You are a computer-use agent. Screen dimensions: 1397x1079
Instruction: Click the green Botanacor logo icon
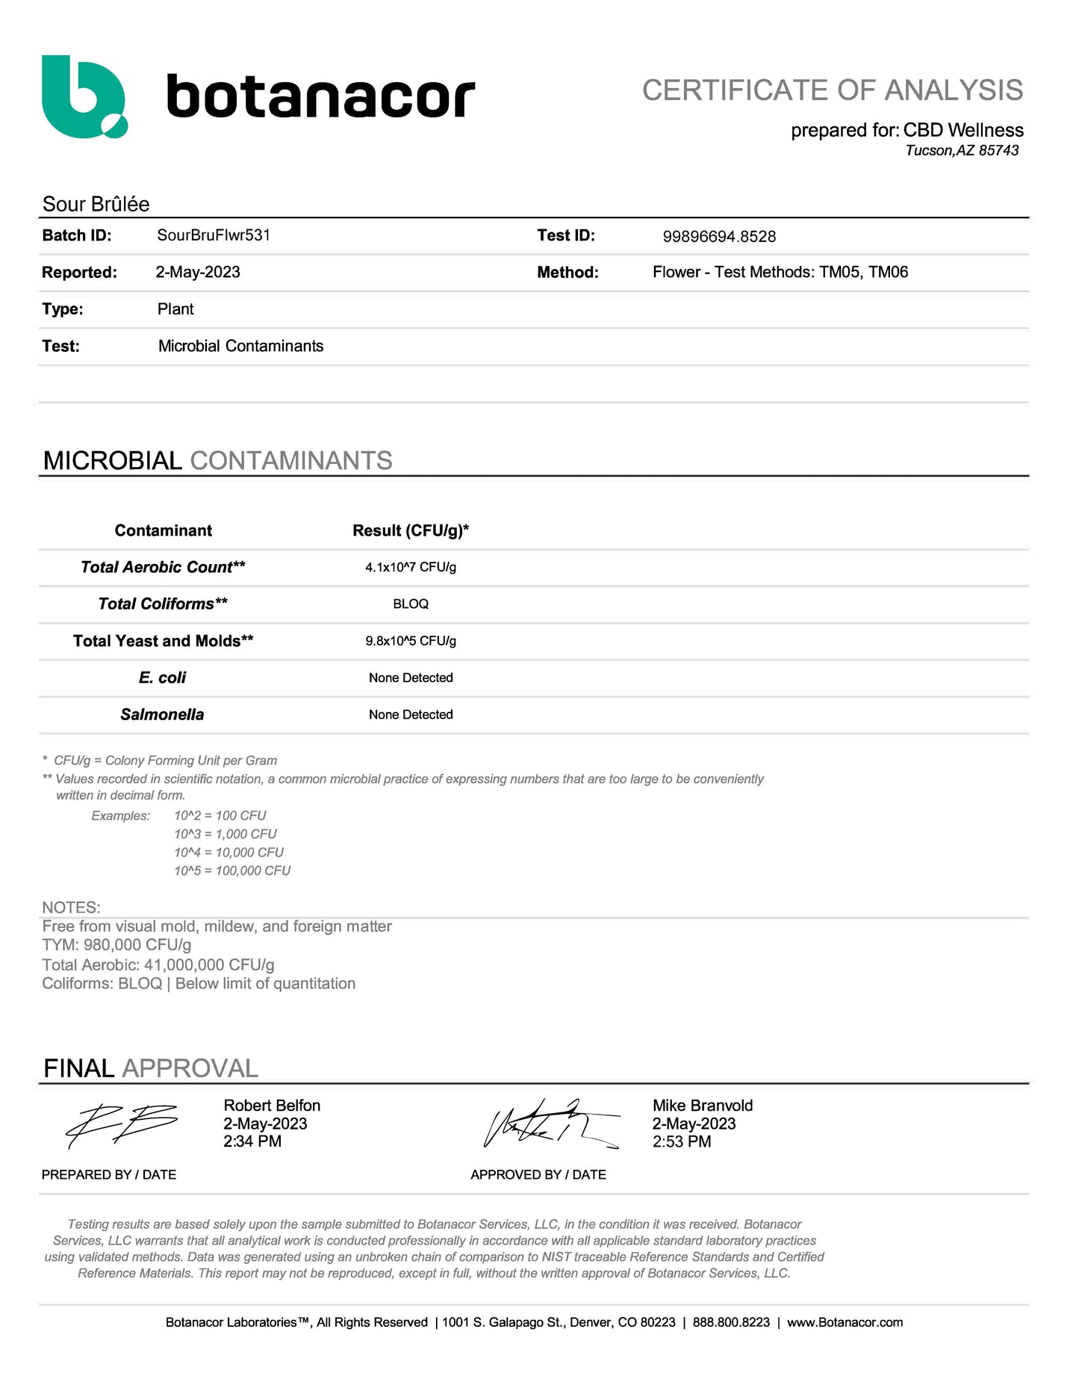(84, 96)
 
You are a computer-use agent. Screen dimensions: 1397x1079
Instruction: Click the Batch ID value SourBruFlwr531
(214, 235)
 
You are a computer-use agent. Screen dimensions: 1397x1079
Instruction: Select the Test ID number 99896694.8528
(719, 237)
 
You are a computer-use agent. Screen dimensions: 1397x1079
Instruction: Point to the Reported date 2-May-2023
(198, 272)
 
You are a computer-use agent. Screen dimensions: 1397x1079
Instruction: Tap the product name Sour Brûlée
(96, 204)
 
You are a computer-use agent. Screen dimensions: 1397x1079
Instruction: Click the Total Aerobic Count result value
(411, 567)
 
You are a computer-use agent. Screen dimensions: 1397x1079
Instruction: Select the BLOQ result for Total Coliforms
(411, 604)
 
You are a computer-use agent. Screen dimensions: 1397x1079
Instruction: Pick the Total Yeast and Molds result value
(411, 641)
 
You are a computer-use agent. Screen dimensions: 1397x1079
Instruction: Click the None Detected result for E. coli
(411, 678)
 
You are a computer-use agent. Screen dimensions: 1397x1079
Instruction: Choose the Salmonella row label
(162, 715)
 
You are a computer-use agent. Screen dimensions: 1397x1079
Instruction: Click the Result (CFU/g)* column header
(411, 530)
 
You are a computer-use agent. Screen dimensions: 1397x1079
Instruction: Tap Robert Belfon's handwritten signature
(122, 1125)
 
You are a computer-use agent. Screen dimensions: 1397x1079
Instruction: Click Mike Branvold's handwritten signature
(551, 1124)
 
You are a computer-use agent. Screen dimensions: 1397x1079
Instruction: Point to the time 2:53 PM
(682, 1142)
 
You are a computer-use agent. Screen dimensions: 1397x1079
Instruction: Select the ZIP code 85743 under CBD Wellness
(998, 150)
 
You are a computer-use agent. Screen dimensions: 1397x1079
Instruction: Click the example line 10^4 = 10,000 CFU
(229, 852)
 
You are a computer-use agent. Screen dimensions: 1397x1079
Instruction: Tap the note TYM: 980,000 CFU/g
(116, 945)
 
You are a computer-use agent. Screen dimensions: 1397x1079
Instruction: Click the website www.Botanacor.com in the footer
(845, 1322)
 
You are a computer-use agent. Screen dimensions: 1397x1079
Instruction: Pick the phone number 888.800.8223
(731, 1322)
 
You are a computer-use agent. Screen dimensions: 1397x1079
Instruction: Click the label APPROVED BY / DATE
(538, 1174)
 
